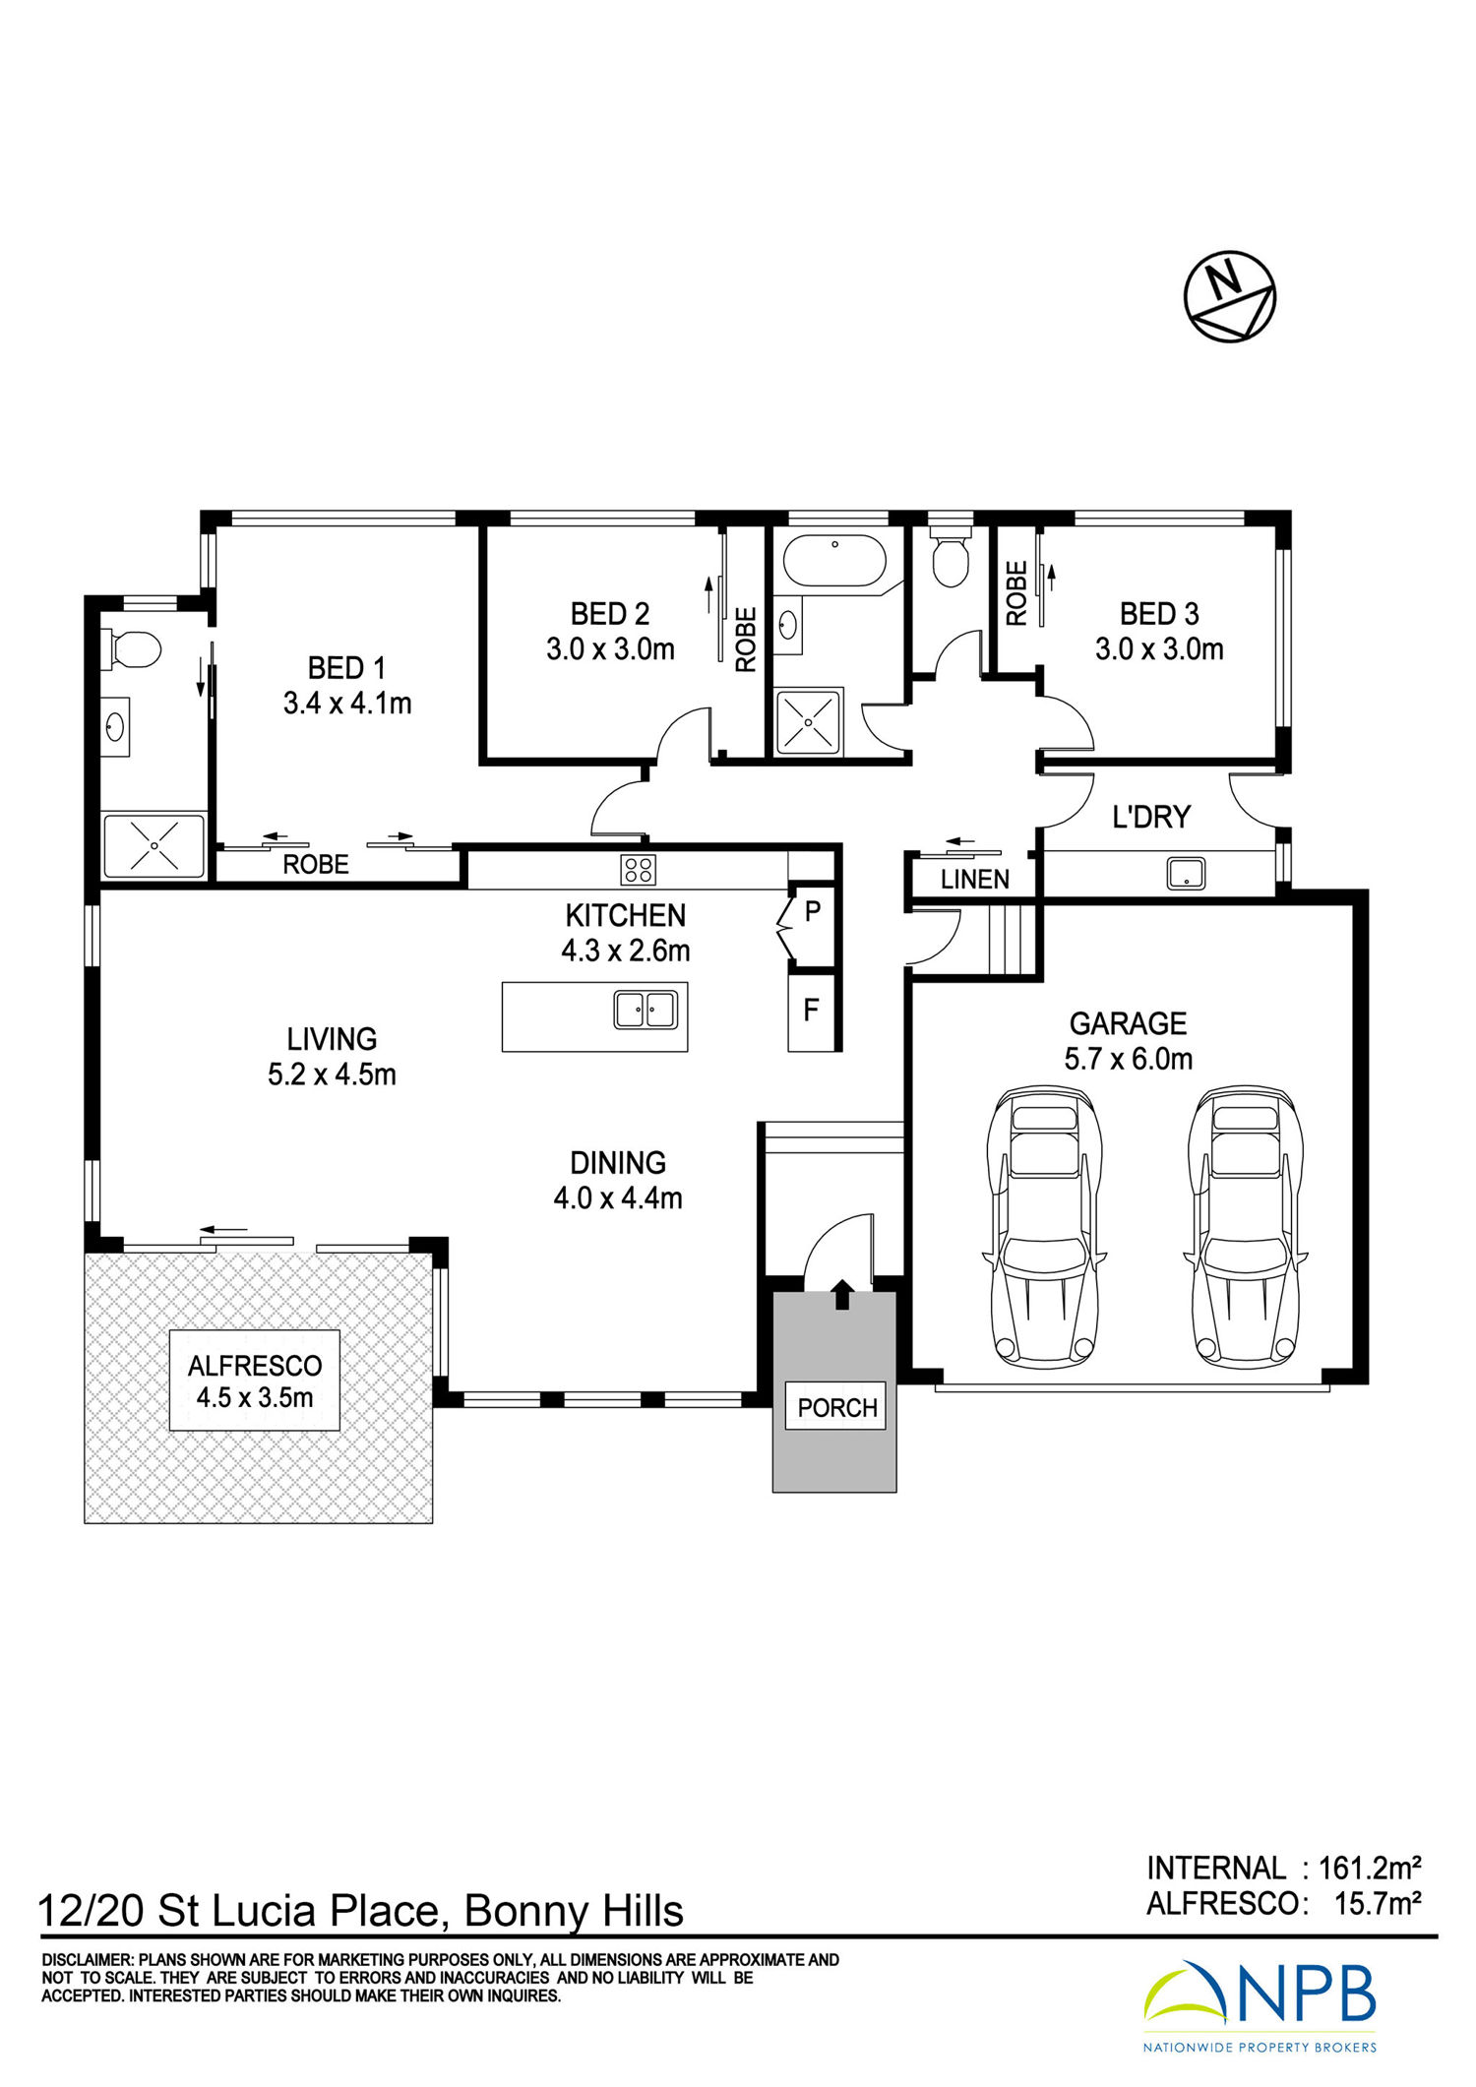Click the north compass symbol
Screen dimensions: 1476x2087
tap(1229, 296)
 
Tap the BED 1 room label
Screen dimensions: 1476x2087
tap(346, 668)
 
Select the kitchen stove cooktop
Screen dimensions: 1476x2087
tap(638, 870)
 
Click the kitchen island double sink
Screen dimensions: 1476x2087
tap(646, 1010)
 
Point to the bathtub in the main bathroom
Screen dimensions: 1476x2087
tap(834, 562)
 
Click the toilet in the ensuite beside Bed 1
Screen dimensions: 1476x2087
tap(131, 649)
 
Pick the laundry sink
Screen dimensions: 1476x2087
tap(1186, 873)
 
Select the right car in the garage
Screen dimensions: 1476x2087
tap(1246, 1226)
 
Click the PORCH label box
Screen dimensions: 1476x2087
tap(837, 1407)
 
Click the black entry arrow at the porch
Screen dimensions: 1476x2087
tap(842, 1294)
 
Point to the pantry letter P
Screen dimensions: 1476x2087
tap(812, 911)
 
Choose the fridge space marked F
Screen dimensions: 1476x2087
tap(811, 1010)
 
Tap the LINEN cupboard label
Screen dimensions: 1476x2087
tap(974, 880)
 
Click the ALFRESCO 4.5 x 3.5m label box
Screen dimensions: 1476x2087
tap(255, 1381)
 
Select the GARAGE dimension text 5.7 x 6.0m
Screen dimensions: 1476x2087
tap(1129, 1059)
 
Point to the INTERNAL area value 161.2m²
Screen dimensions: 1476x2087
tap(1370, 1868)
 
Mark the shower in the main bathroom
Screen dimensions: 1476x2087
tap(808, 722)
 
